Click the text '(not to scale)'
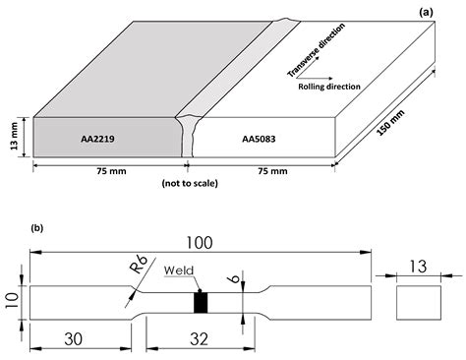(187, 184)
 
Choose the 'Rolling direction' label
(329, 87)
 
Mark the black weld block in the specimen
(202, 302)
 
